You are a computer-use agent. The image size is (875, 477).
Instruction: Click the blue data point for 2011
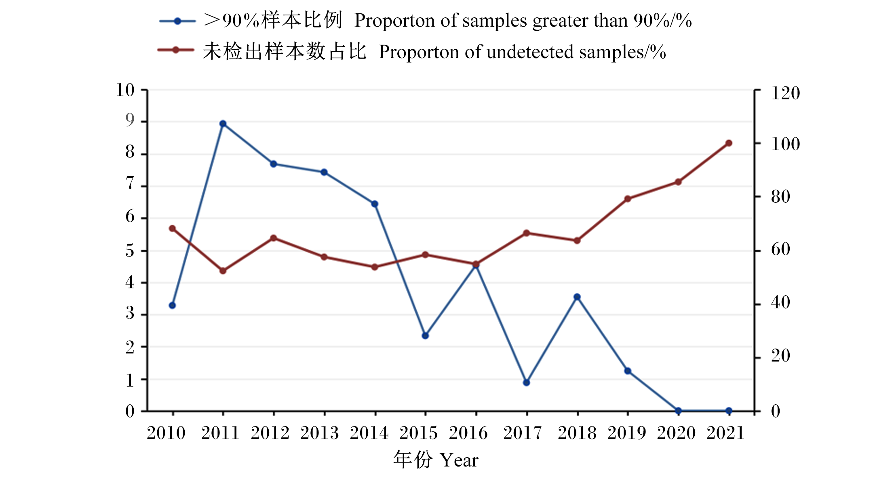pyautogui.click(x=223, y=124)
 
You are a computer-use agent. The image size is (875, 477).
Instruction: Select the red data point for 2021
pyautogui.click(x=729, y=143)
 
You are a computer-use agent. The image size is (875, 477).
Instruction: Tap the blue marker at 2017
pyautogui.click(x=526, y=382)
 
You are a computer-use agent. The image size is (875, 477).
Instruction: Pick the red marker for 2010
pyautogui.click(x=172, y=229)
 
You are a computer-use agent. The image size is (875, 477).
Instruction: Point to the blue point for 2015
pyautogui.click(x=425, y=336)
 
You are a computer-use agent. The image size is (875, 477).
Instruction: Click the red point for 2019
pyautogui.click(x=628, y=199)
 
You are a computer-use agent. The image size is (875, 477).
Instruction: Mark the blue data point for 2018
pyautogui.click(x=577, y=297)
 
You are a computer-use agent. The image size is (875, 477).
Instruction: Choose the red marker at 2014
pyautogui.click(x=375, y=267)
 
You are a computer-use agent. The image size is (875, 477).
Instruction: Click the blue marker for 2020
pyautogui.click(x=678, y=411)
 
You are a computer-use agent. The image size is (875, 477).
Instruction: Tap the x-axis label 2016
pyautogui.click(x=468, y=433)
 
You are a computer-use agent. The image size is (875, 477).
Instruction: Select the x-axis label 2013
pyautogui.click(x=319, y=433)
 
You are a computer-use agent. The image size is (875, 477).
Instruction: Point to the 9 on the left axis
pyautogui.click(x=130, y=120)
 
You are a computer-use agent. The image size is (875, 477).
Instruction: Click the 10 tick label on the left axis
pyautogui.click(x=125, y=90)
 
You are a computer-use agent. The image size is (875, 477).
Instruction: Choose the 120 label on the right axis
pyautogui.click(x=786, y=93)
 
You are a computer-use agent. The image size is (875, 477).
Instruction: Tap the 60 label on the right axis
pyautogui.click(x=781, y=250)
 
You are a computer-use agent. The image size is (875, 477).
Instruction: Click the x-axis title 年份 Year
pyautogui.click(x=436, y=460)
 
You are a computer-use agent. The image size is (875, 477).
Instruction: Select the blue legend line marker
pyautogui.click(x=177, y=21)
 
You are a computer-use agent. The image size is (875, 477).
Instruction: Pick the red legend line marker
pyautogui.click(x=176, y=50)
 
